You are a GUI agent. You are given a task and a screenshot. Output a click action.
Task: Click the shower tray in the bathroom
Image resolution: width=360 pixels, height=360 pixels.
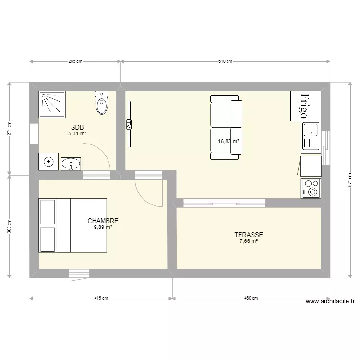coord(52,105)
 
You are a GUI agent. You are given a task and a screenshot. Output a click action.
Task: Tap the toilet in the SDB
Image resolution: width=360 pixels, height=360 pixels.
coord(101,103)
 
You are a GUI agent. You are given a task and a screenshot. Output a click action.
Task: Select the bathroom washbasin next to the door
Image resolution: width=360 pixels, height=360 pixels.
coord(71,164)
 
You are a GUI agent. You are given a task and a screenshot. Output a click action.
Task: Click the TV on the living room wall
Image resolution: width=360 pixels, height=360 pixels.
coord(129,124)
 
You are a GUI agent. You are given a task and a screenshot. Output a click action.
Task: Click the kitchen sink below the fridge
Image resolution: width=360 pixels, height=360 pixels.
coord(311,138)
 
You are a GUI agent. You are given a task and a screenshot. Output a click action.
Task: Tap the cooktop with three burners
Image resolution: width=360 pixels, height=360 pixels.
coord(311,188)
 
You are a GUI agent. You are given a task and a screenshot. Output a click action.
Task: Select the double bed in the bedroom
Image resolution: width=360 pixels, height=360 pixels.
coord(72,226)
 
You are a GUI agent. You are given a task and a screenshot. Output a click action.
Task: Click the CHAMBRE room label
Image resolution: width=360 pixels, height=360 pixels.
coord(103,221)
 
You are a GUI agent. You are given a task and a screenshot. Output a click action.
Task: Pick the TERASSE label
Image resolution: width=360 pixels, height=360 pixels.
coord(249,235)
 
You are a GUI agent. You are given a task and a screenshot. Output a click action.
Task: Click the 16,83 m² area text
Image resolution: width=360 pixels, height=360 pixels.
coord(228,141)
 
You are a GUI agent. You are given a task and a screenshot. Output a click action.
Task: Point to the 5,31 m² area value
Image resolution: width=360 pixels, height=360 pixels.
coord(77,133)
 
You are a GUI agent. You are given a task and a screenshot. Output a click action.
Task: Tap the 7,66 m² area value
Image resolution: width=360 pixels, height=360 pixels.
coord(249,241)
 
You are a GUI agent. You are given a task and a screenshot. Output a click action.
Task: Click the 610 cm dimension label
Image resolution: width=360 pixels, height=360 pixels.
coord(225,61)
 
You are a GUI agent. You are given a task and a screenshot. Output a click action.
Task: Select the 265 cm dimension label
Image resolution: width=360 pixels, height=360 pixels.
coord(75,61)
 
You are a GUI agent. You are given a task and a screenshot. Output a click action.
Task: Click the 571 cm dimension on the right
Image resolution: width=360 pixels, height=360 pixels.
coord(350,180)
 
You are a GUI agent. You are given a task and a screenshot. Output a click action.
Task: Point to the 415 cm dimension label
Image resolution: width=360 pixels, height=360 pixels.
coord(101,298)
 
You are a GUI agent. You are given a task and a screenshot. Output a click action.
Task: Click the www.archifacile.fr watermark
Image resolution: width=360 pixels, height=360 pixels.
coord(330,301)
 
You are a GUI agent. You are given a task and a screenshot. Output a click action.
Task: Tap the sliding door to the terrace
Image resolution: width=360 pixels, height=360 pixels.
coord(224,203)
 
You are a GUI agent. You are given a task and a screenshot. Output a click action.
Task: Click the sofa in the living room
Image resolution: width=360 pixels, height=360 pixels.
coord(227,127)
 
